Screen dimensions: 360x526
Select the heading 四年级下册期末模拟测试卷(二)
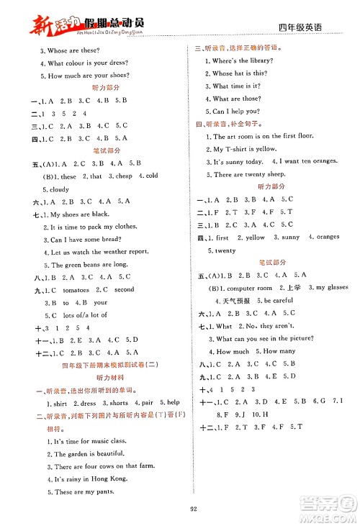click(94, 365)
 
